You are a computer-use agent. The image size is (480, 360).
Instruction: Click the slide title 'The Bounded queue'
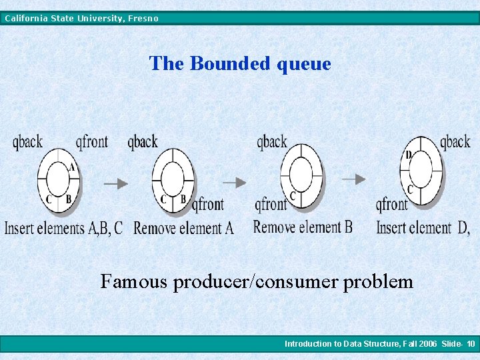[240, 63]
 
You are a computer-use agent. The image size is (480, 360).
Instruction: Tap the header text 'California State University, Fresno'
[81, 18]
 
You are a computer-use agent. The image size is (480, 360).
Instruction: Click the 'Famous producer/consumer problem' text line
[257, 281]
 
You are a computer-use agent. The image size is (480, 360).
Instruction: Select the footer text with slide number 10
[379, 344]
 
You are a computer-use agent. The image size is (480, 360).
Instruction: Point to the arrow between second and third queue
[234, 181]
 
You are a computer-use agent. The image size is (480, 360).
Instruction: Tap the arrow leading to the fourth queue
[354, 179]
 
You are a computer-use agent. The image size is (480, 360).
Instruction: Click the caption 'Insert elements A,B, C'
[64, 228]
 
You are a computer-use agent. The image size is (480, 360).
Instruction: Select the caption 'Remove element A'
[184, 228]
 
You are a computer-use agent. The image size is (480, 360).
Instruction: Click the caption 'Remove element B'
[303, 227]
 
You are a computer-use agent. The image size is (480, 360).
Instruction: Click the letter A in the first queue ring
[72, 167]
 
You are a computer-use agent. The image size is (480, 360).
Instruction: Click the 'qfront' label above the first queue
[91, 141]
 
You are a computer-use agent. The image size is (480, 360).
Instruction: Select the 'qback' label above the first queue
[27, 141]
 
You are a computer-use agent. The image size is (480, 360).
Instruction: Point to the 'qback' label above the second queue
[143, 141]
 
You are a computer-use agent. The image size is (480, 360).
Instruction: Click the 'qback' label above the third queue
[272, 141]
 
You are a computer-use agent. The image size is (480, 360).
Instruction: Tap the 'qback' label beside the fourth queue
[455, 141]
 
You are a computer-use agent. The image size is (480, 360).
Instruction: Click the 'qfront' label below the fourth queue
[392, 204]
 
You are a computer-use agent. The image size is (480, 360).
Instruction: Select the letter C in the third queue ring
[293, 195]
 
